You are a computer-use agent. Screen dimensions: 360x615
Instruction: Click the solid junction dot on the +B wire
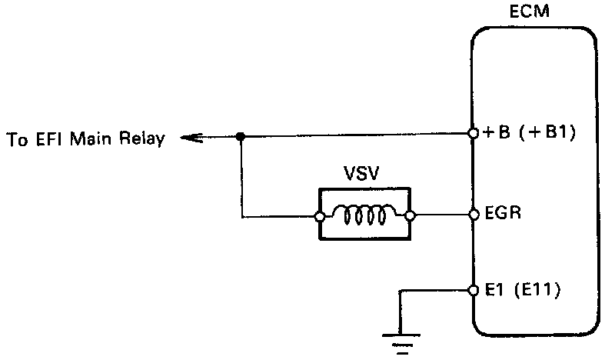point(241,137)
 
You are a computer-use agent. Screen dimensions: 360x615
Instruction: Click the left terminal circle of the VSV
point(320,216)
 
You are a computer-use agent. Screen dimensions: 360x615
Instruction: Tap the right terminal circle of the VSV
point(411,216)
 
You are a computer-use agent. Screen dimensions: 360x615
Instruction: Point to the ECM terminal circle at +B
point(474,134)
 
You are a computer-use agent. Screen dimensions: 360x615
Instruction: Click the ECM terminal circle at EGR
point(474,215)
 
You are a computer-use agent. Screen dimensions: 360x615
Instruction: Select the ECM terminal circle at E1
point(474,291)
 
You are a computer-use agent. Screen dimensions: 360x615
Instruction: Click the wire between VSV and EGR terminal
point(442,215)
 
